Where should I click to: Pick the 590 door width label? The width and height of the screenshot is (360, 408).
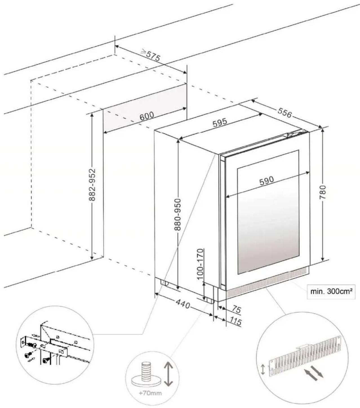tap(266, 180)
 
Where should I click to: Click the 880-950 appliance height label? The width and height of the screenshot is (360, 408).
tap(177, 214)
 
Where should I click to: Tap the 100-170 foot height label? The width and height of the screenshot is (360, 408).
tap(200, 264)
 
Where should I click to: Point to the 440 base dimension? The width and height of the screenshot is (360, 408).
tap(183, 304)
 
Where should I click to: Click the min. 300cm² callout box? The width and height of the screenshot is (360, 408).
tap(331, 292)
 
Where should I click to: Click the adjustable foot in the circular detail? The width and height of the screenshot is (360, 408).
tap(146, 372)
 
